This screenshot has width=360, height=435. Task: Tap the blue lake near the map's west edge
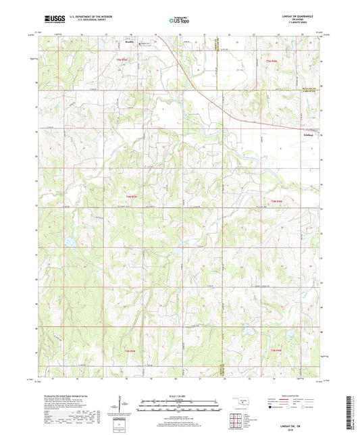click(68, 241)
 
